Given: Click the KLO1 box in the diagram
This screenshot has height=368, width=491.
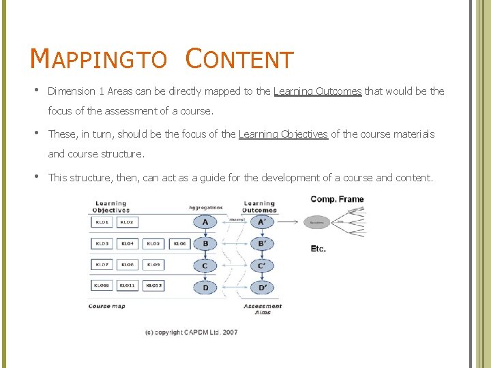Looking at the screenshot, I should click(x=102, y=222).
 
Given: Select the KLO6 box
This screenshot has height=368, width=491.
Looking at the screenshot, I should click(x=179, y=243).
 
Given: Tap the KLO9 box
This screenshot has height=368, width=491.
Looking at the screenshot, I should click(x=153, y=264).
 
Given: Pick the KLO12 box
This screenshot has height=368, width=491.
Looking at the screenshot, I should click(x=153, y=286).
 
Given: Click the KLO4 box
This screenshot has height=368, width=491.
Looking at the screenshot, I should click(x=128, y=243).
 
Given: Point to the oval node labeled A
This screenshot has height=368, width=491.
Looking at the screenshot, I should click(x=205, y=222).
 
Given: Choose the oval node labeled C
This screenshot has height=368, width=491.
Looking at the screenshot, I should click(x=205, y=265).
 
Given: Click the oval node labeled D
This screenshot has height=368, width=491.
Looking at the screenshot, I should click(x=205, y=287).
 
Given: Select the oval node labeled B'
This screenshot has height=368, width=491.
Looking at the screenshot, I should click(x=262, y=244).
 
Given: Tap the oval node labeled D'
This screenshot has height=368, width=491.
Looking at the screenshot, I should click(x=262, y=287).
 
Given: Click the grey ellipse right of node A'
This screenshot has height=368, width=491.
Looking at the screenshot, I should click(x=317, y=222).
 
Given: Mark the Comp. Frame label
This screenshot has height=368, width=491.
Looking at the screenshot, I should click(x=337, y=199).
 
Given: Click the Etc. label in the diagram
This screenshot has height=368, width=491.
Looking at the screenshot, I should click(x=318, y=249).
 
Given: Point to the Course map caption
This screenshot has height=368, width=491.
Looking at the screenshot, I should click(x=107, y=307).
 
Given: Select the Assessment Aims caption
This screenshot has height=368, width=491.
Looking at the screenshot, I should click(x=263, y=309).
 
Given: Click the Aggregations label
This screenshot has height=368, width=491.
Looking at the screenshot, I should click(x=206, y=207).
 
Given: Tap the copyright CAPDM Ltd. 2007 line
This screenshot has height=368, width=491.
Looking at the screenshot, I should click(x=191, y=333).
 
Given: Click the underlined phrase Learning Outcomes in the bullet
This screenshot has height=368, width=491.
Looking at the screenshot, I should click(x=317, y=91).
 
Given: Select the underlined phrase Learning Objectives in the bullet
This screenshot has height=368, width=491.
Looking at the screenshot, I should click(x=283, y=134).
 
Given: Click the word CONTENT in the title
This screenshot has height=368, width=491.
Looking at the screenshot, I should click(x=239, y=59).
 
